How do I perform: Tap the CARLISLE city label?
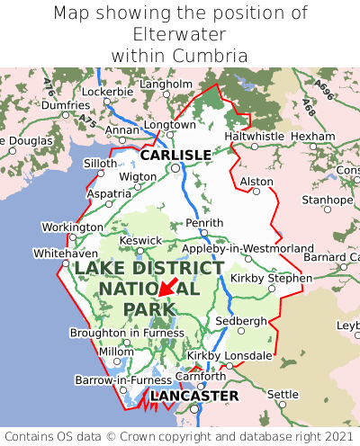[x=175, y=155]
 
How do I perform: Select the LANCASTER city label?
[x=194, y=396]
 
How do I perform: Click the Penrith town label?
[x=203, y=222]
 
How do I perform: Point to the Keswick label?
[x=141, y=240]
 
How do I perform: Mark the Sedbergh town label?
[x=240, y=321]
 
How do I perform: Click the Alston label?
[x=256, y=182]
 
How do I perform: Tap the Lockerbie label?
[x=107, y=92]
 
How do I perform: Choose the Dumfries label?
[x=66, y=105]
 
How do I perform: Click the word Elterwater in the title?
[x=180, y=34]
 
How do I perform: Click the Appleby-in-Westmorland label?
[x=247, y=249]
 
